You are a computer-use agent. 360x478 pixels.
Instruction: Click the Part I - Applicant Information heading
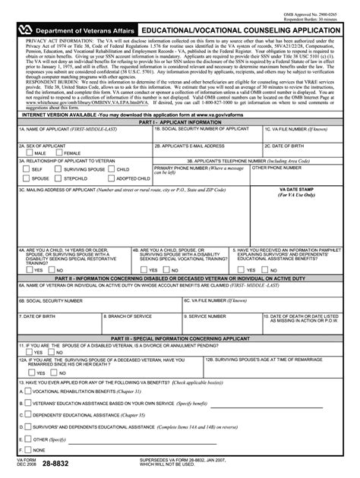(179, 142)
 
